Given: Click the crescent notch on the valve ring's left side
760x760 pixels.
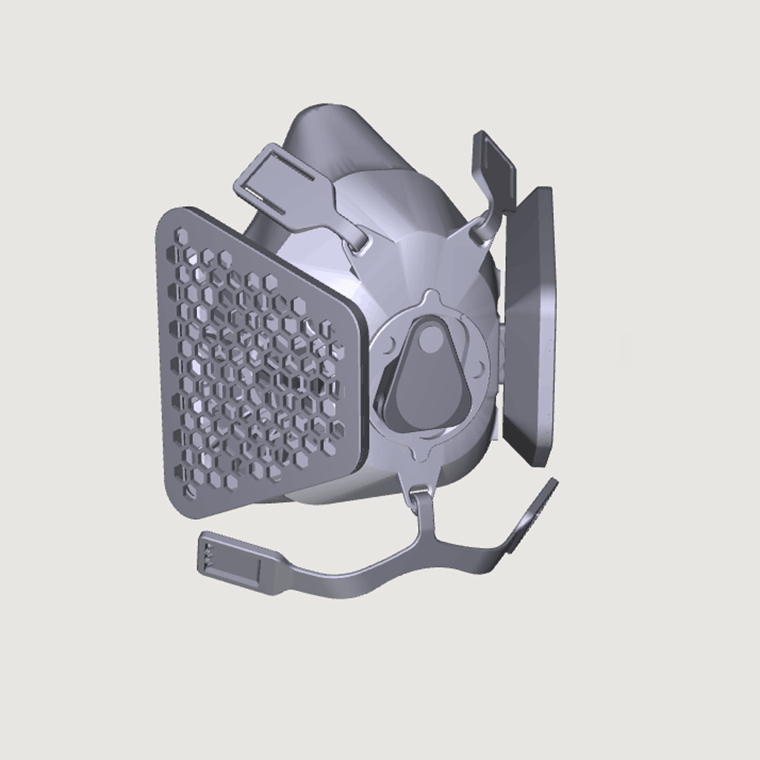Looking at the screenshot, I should [x=390, y=346].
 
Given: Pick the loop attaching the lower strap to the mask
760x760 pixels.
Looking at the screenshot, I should [x=420, y=498].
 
